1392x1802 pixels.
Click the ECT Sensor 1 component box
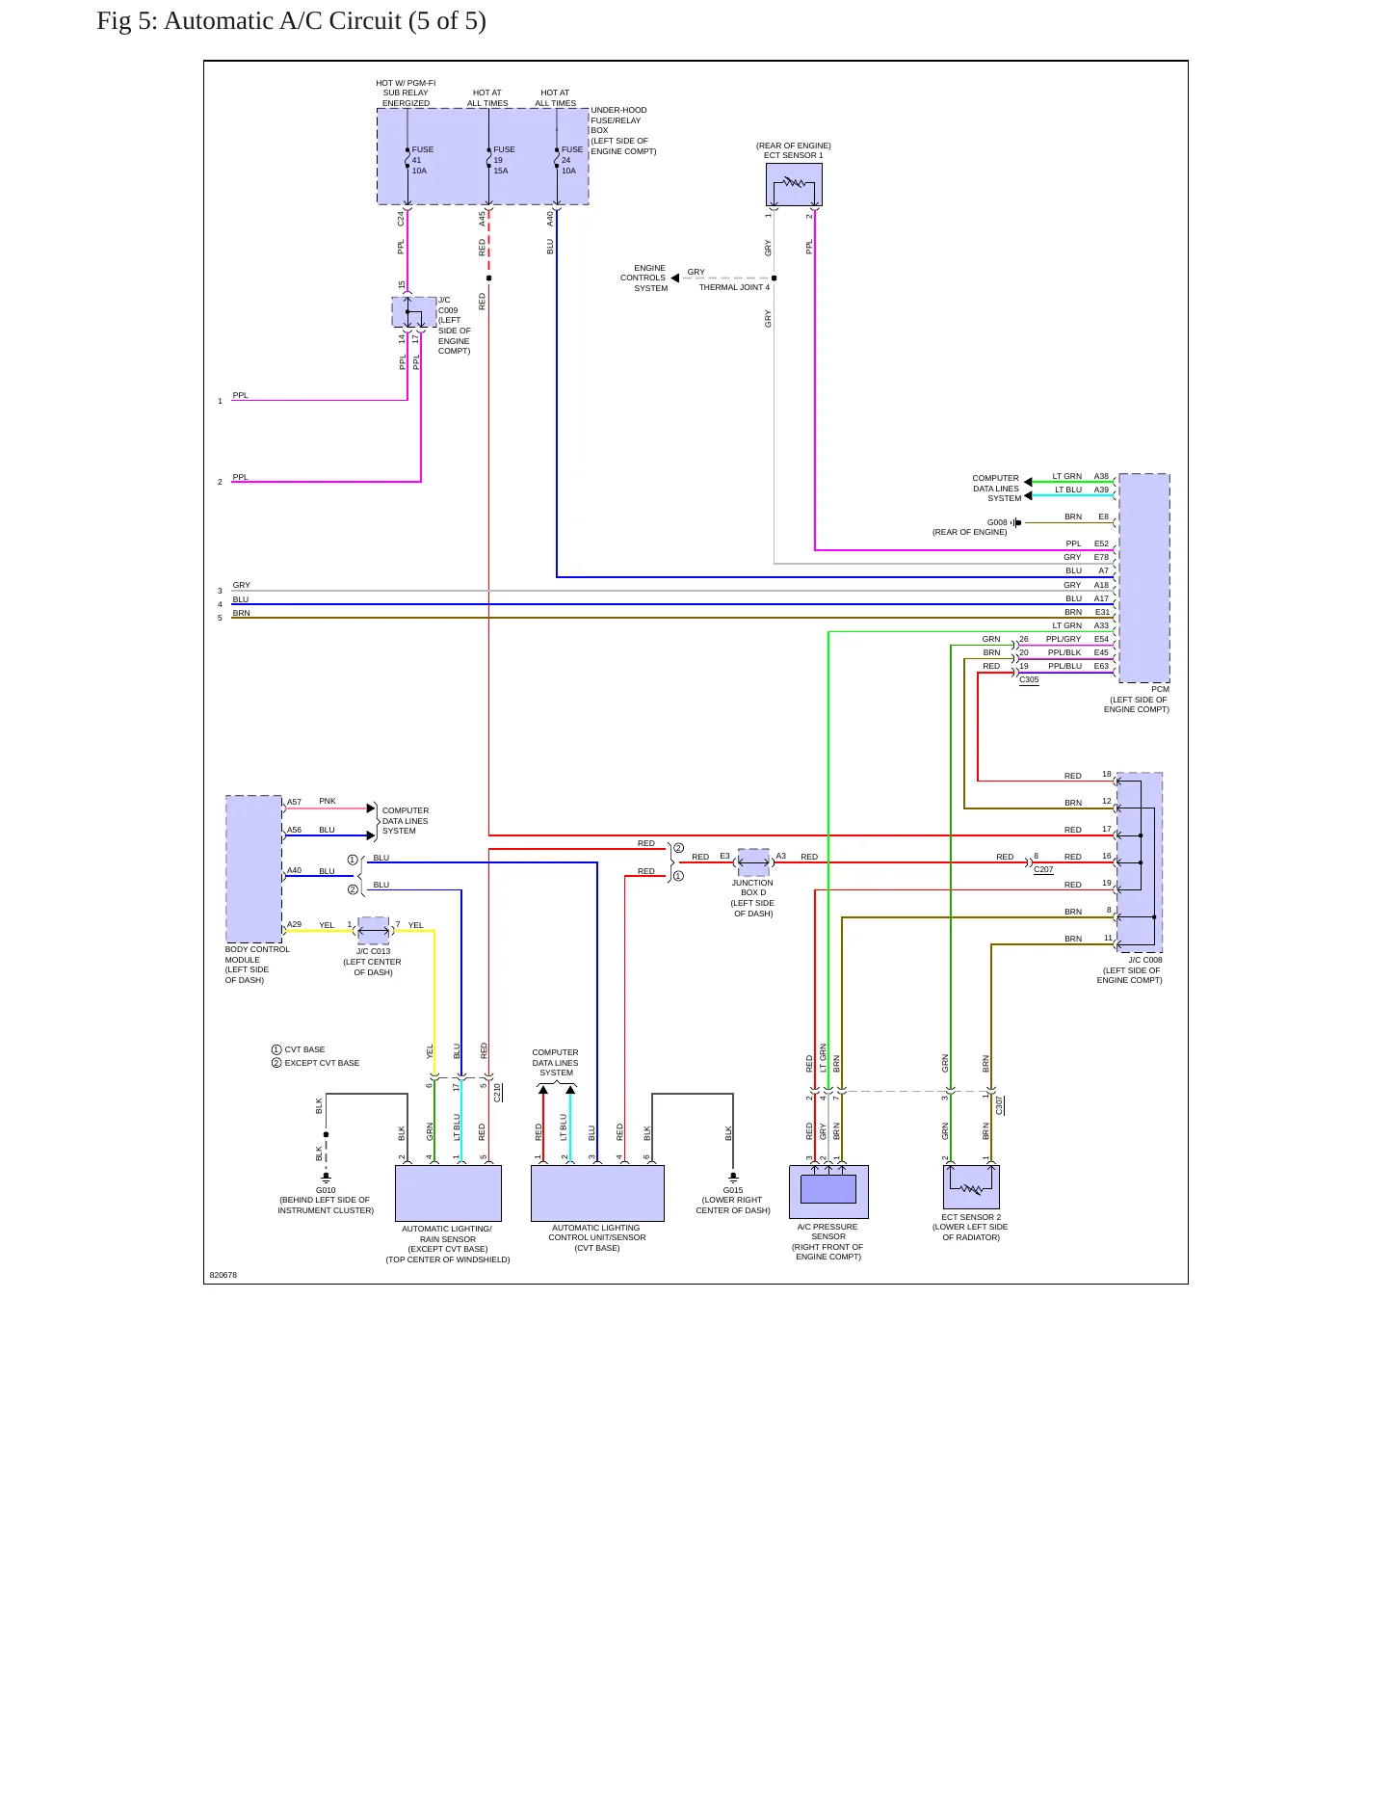point(794,184)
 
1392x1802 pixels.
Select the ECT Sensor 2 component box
point(971,1187)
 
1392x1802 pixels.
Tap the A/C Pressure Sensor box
point(828,1192)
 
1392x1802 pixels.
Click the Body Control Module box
point(254,869)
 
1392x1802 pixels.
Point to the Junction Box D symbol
point(753,862)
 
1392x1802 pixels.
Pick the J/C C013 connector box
point(373,931)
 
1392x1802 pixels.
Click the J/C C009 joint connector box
point(414,312)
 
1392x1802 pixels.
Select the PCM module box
point(1144,578)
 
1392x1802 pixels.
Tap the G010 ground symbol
point(326,1177)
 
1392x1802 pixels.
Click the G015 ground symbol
point(733,1177)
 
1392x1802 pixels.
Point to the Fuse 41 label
point(423,155)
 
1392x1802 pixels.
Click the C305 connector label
point(1029,679)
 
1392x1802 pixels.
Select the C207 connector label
point(1043,869)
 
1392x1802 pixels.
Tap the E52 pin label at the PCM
point(1101,543)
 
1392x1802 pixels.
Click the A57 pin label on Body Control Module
point(294,802)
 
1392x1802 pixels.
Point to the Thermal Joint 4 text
point(734,287)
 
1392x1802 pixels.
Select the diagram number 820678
point(223,1275)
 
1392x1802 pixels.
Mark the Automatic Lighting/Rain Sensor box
point(448,1193)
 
